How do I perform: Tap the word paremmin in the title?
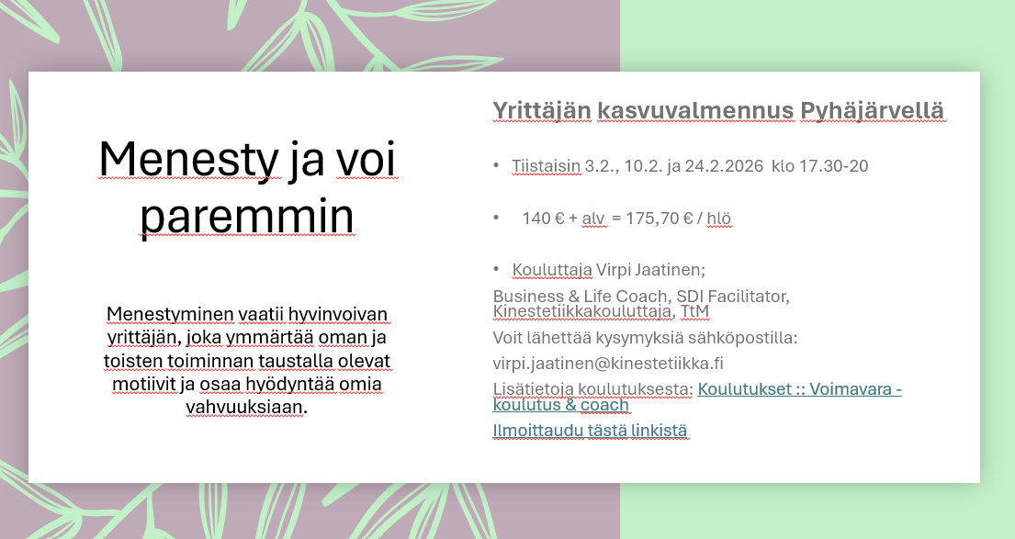(x=246, y=217)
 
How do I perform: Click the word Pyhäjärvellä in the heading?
(x=872, y=111)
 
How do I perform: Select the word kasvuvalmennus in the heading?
(x=695, y=111)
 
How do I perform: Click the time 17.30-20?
(x=833, y=166)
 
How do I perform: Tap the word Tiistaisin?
(x=546, y=166)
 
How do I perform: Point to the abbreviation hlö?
(x=718, y=219)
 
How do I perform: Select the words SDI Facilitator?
(x=733, y=297)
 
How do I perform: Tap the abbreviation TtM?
(x=694, y=311)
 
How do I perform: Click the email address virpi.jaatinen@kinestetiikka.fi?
(x=608, y=364)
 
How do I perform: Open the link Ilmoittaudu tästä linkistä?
(x=590, y=431)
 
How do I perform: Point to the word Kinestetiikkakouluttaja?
(x=582, y=311)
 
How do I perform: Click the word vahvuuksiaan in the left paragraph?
(x=246, y=408)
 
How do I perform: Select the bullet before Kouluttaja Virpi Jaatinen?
(x=497, y=268)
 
